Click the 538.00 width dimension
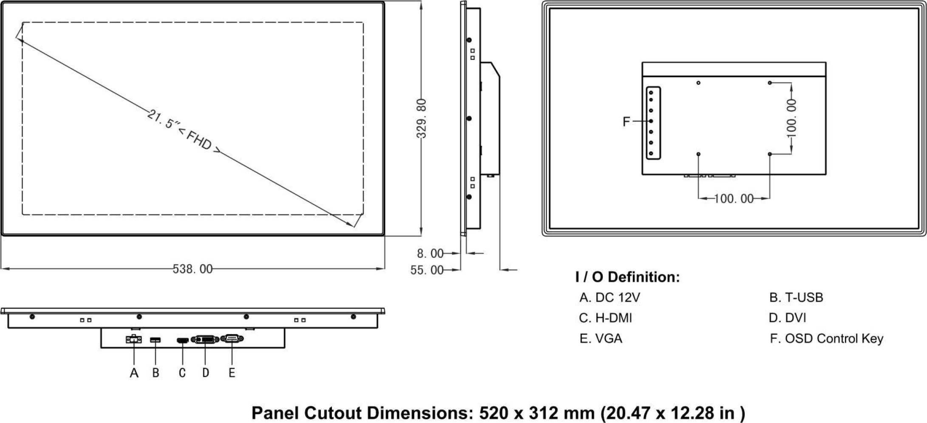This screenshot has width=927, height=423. pos(193,269)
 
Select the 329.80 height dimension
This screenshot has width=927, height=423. pos(421,118)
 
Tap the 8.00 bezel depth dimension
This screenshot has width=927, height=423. pos(430,254)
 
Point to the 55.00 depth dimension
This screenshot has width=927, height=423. pos(426,270)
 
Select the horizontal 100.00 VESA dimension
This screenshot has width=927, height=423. pos(734,199)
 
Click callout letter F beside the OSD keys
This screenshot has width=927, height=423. pos(626,122)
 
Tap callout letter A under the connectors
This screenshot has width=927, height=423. pos(134,373)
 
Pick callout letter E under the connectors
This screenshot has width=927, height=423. pos(232,373)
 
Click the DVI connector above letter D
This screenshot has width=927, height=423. pos(205,339)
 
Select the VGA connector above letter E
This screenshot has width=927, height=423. pos(232,338)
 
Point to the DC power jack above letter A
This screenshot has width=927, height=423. pos(133,339)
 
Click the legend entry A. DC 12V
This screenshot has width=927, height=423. pos(609,298)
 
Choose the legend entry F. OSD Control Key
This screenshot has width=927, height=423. pos(826,339)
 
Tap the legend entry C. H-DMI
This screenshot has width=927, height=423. pos(605,318)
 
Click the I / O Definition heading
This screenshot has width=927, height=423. pos(627,277)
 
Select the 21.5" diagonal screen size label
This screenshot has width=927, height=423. pos(162,119)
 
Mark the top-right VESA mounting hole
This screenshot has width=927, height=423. pos(770,83)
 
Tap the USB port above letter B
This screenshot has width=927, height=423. pos(156,340)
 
